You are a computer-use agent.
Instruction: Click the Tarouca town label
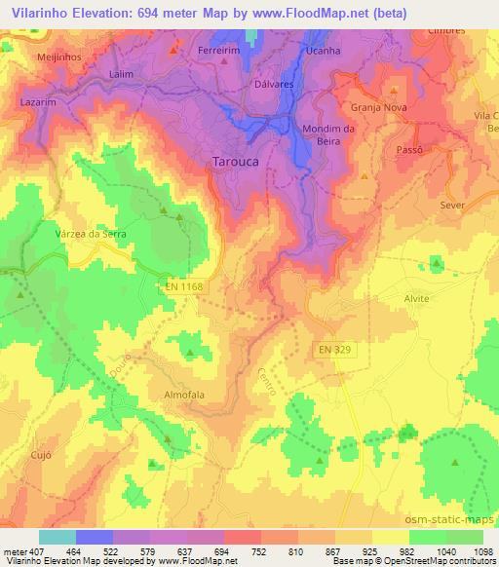(237, 162)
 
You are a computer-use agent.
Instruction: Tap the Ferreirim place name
(218, 49)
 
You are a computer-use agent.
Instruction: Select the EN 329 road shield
(333, 348)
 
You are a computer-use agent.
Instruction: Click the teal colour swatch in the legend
(57, 537)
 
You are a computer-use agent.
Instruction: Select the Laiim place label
(123, 73)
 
